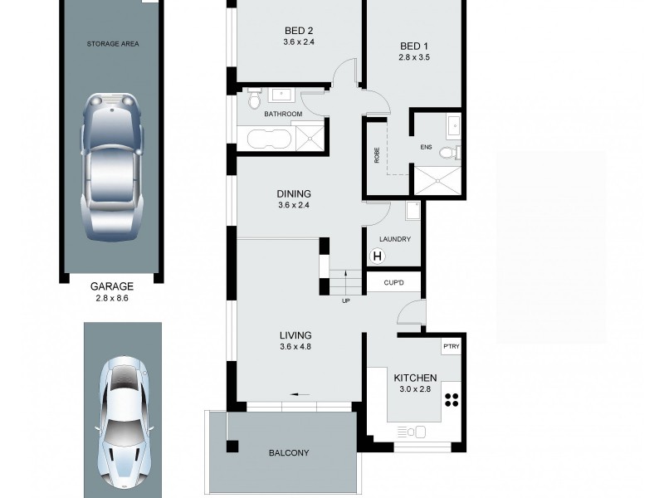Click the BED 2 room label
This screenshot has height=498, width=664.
click(x=298, y=33)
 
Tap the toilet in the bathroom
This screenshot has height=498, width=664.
click(x=254, y=100)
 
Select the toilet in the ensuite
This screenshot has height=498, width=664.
click(x=449, y=152)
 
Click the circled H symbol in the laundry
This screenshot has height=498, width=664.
click(x=378, y=256)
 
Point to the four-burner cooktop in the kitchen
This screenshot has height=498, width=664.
click(x=452, y=400)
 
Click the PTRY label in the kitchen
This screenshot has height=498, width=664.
click(x=451, y=346)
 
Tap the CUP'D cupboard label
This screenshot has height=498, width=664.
click(x=394, y=283)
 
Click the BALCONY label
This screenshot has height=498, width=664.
click(x=289, y=453)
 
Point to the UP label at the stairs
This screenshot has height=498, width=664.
click(x=345, y=300)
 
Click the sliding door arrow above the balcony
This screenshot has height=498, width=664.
click(x=300, y=395)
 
